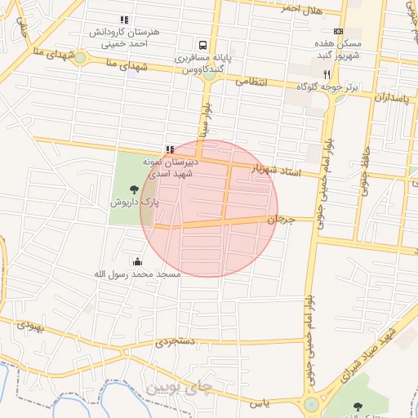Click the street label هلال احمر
(300, 8)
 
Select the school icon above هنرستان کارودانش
(123, 20)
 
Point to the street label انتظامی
(252, 82)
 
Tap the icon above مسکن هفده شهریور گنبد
(338, 31)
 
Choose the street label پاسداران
(391, 98)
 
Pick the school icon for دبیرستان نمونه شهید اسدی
(169, 149)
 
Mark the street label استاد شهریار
(275, 170)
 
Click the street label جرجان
(279, 220)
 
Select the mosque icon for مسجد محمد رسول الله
(136, 262)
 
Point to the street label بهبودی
(27, 325)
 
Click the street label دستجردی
(173, 343)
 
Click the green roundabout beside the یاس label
(311, 404)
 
